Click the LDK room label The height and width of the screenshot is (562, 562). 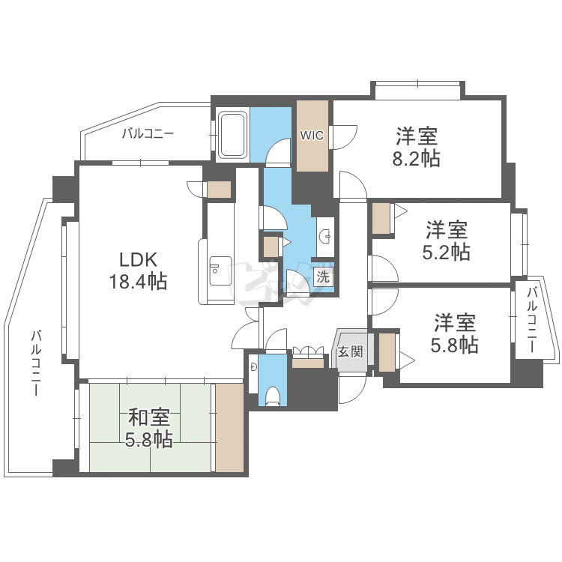tap(138, 259)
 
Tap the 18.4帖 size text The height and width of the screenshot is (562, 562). tap(138, 282)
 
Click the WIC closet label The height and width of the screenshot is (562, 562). tap(312, 136)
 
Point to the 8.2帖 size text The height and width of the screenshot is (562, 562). tap(417, 159)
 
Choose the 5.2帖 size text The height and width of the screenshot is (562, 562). tap(447, 251)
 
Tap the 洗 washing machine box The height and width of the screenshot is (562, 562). tap(323, 276)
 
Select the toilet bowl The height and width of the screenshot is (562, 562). tap(273, 395)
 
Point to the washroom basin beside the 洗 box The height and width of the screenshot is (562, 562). tap(325, 237)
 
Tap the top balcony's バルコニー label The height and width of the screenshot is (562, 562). tap(148, 134)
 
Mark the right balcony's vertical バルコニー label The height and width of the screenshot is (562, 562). tap(531, 320)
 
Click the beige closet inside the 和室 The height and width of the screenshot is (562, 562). tap(229, 428)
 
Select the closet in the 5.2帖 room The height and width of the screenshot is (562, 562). tap(381, 218)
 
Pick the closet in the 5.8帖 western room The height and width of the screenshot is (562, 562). tap(387, 353)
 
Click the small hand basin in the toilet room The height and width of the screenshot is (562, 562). tap(254, 367)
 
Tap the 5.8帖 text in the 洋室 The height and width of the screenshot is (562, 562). tap(455, 345)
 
